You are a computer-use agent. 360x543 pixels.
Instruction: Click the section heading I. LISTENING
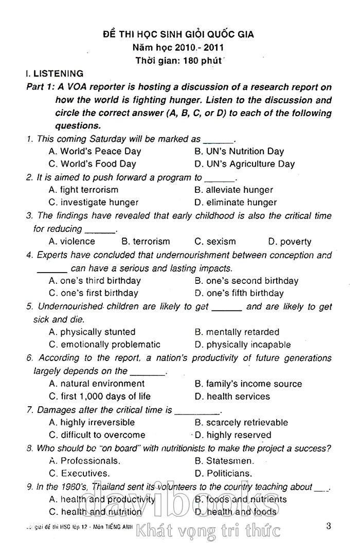[55, 74]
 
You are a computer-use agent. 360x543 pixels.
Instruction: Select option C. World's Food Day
[93, 164]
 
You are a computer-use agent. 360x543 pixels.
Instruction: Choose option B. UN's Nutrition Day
[239, 151]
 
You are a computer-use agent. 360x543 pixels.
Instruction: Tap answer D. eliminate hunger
[236, 203]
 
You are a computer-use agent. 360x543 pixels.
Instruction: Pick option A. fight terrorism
[83, 190]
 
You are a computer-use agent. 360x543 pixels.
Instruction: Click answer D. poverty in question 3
[290, 242]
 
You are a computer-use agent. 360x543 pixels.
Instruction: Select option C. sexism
[215, 242]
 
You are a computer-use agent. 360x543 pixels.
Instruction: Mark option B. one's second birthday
[246, 281]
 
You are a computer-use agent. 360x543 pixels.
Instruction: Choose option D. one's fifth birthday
[239, 293]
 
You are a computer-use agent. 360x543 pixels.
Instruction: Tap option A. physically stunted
[92, 332]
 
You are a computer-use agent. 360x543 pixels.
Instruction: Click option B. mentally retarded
[237, 332]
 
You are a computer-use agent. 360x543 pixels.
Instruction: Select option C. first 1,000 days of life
[100, 396]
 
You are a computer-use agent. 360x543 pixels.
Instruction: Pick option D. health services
[232, 396]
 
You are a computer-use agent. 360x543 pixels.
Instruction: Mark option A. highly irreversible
[92, 422]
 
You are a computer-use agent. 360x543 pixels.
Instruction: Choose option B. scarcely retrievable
[241, 422]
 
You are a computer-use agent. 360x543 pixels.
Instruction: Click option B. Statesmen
[224, 461]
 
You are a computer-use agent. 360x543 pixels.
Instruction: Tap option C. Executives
[79, 473]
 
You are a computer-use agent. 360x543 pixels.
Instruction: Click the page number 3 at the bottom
[329, 526]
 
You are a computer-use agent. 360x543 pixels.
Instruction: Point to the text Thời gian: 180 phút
[178, 61]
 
